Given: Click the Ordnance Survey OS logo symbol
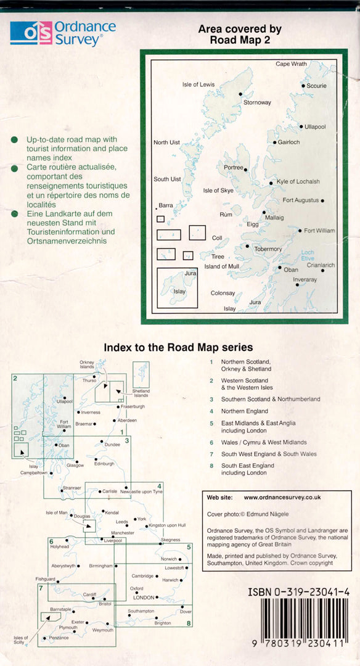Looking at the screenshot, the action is [x=31, y=33].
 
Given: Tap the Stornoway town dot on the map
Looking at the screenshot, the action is [x=240, y=94].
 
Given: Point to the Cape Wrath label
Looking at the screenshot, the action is [x=291, y=64].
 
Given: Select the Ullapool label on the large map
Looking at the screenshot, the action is [x=315, y=127].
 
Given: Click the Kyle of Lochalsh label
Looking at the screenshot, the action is [x=298, y=182].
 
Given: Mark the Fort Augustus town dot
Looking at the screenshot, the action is [x=322, y=200].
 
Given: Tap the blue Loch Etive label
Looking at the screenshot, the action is [x=308, y=255].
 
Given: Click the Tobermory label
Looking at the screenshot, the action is [x=268, y=249].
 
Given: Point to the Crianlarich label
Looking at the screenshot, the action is [x=321, y=265].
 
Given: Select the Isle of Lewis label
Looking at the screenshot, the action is [x=198, y=84].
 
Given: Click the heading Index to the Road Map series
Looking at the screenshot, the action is [x=178, y=347].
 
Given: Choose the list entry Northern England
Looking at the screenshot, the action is [x=245, y=411].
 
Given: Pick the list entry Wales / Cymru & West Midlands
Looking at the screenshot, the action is [x=264, y=442].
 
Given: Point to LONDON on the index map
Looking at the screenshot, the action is [x=143, y=597].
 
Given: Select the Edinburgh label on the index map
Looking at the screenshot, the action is [x=104, y=464].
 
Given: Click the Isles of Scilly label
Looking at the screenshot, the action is [x=20, y=639].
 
